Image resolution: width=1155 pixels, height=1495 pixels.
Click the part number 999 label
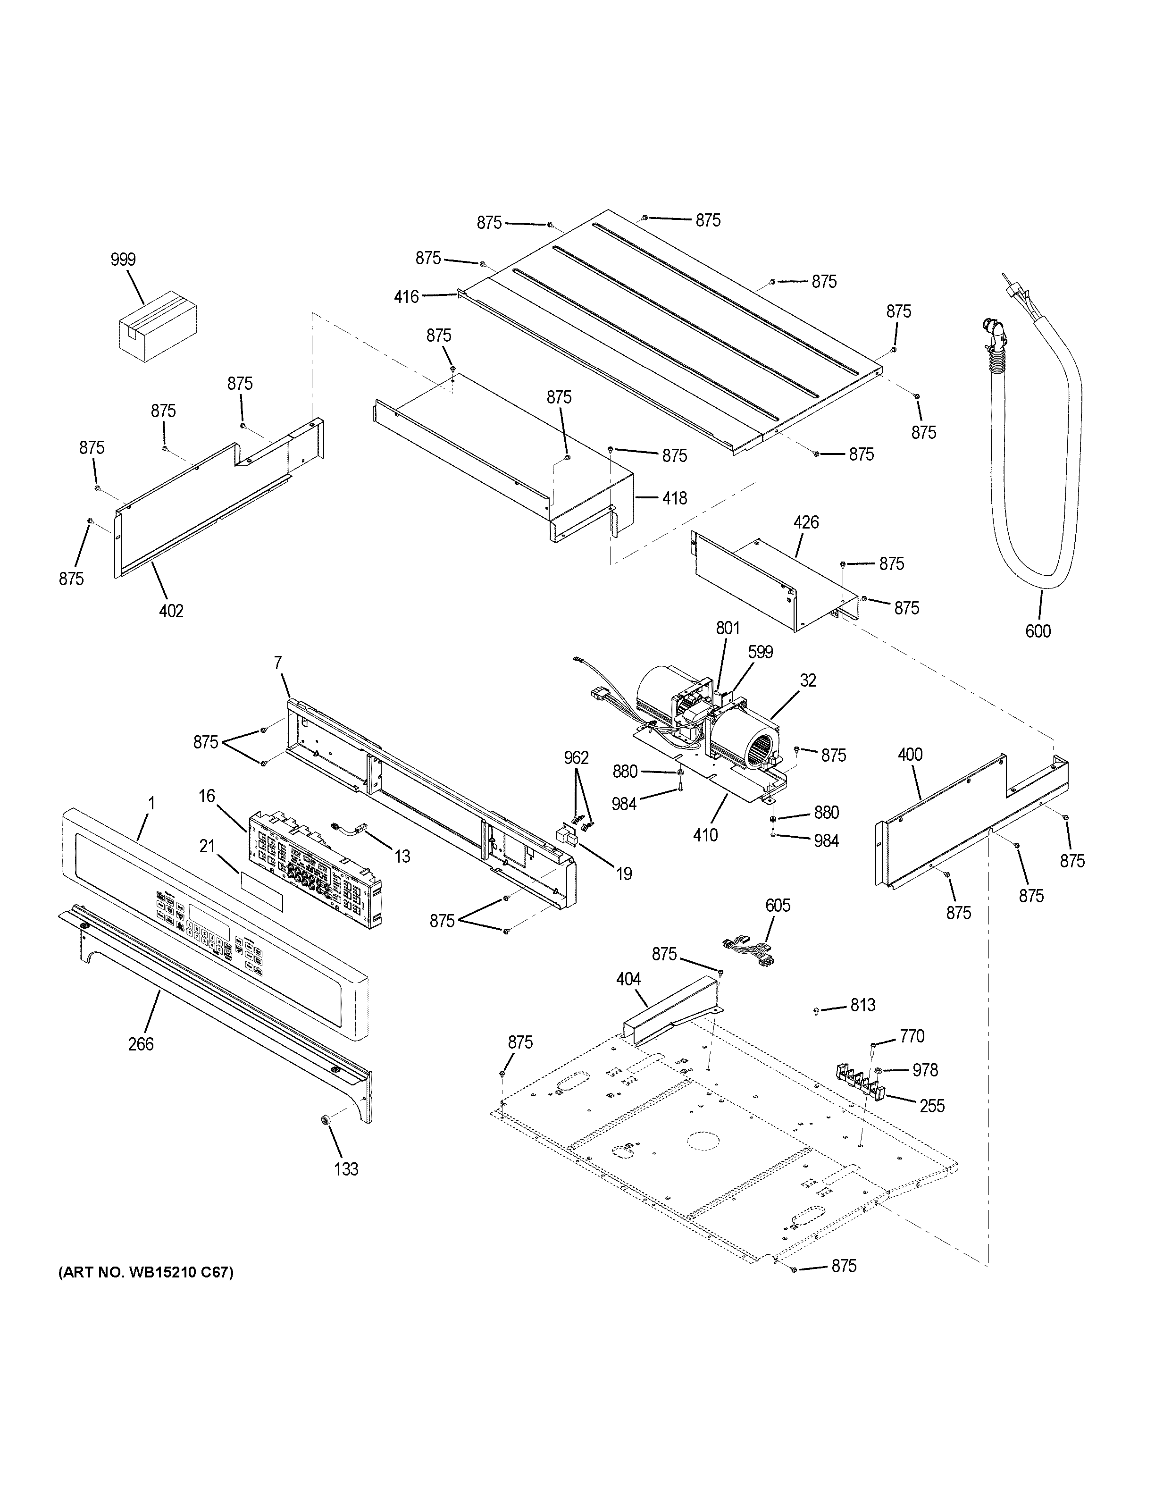click(x=123, y=260)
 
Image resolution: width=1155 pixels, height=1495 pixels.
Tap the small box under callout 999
click(x=158, y=327)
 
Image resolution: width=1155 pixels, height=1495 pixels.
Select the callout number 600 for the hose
click(x=1038, y=631)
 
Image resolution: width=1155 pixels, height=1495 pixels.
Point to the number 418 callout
click(x=674, y=498)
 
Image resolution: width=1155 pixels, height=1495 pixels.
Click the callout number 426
click(x=805, y=523)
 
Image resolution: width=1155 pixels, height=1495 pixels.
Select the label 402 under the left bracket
click(x=171, y=611)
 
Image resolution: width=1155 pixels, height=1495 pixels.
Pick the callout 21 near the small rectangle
click(x=207, y=847)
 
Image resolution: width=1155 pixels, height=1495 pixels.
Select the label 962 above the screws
click(x=576, y=758)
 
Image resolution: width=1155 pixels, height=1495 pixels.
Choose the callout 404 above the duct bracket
click(x=628, y=980)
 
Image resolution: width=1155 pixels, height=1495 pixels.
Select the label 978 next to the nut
click(x=925, y=1070)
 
